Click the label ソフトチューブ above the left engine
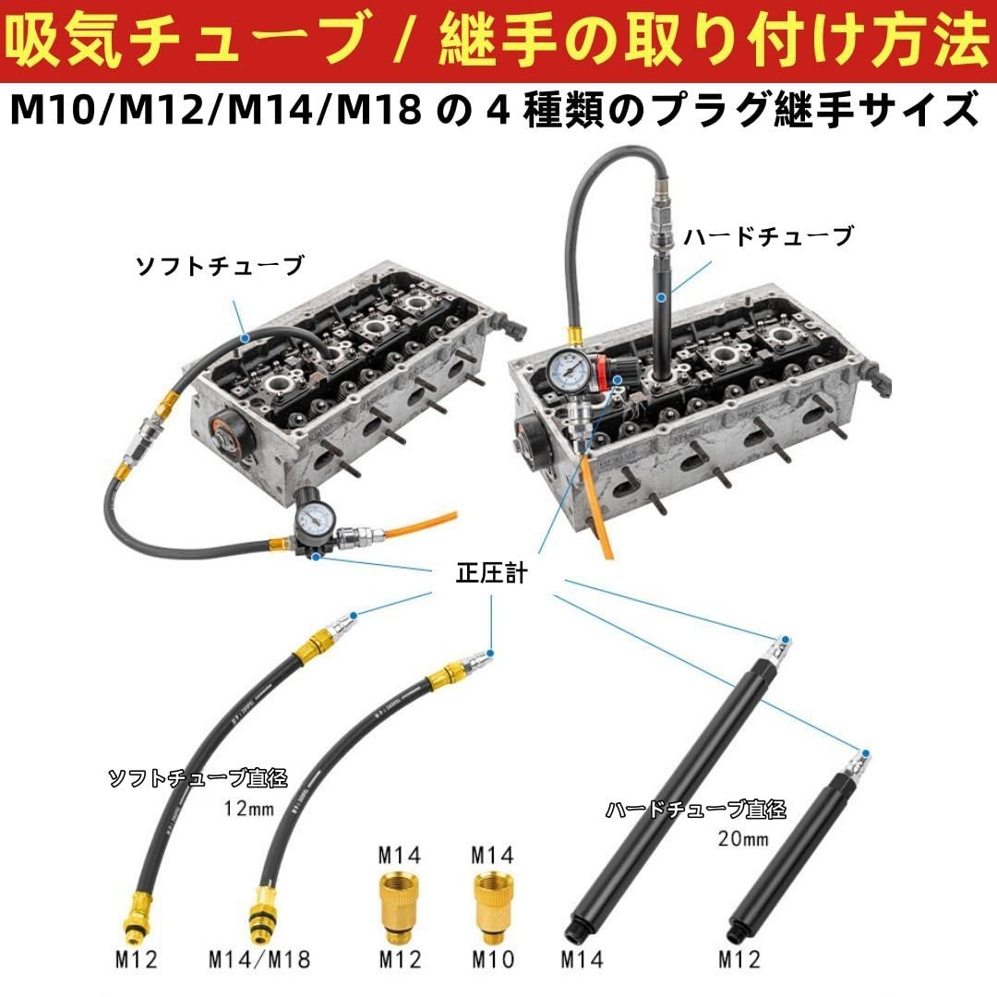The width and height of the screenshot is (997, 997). click(x=219, y=267)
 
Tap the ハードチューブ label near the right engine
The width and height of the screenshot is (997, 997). click(x=768, y=237)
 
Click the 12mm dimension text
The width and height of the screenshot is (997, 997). click(x=249, y=810)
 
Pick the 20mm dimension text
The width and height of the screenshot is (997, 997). click(x=743, y=840)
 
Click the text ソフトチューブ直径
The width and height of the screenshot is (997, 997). click(x=198, y=778)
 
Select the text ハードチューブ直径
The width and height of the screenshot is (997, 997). click(x=695, y=811)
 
